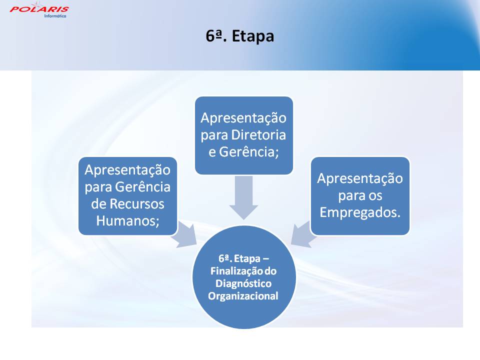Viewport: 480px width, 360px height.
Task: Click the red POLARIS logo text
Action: point(39,9)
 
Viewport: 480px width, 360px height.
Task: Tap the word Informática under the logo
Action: point(55,16)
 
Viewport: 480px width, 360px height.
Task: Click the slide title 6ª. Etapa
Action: point(239,36)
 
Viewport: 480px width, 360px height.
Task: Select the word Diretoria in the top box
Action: point(258,134)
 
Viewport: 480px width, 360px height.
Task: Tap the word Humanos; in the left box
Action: point(128,220)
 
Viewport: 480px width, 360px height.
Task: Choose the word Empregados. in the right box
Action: point(360,212)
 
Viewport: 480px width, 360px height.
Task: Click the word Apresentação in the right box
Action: point(360,178)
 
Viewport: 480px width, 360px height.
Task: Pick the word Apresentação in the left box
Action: point(127,170)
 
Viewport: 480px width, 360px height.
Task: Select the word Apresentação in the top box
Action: point(243,118)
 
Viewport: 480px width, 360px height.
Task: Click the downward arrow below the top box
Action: point(244,198)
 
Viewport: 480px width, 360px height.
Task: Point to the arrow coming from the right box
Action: point(303,234)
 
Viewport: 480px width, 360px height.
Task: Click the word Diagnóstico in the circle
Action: point(243,283)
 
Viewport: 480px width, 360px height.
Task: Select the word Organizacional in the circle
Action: point(243,295)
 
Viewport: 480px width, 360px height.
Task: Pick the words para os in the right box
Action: point(360,195)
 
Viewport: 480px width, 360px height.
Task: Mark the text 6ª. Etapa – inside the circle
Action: point(243,258)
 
